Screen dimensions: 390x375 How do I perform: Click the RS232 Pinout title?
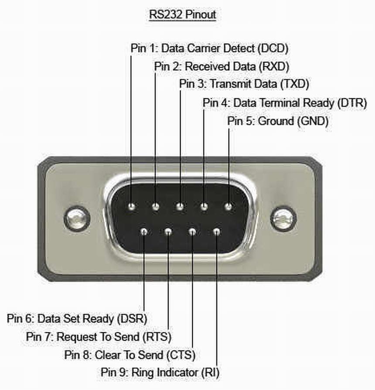point(183,14)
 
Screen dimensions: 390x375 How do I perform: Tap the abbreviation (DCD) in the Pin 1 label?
point(273,48)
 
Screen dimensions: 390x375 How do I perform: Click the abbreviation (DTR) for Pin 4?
point(352,103)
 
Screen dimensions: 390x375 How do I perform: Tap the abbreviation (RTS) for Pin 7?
point(157,337)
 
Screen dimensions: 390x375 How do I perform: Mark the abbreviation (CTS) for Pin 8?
point(180,354)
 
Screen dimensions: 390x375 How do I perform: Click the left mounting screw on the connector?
point(77,218)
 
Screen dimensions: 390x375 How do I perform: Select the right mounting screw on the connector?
point(283,218)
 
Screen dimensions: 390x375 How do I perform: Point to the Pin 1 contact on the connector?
point(131,205)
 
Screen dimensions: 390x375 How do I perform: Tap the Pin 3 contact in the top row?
point(180,205)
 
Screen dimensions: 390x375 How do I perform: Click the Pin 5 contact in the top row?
point(228,205)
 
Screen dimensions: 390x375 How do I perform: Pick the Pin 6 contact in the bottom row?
point(144,231)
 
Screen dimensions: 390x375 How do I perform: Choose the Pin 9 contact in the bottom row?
point(217,231)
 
